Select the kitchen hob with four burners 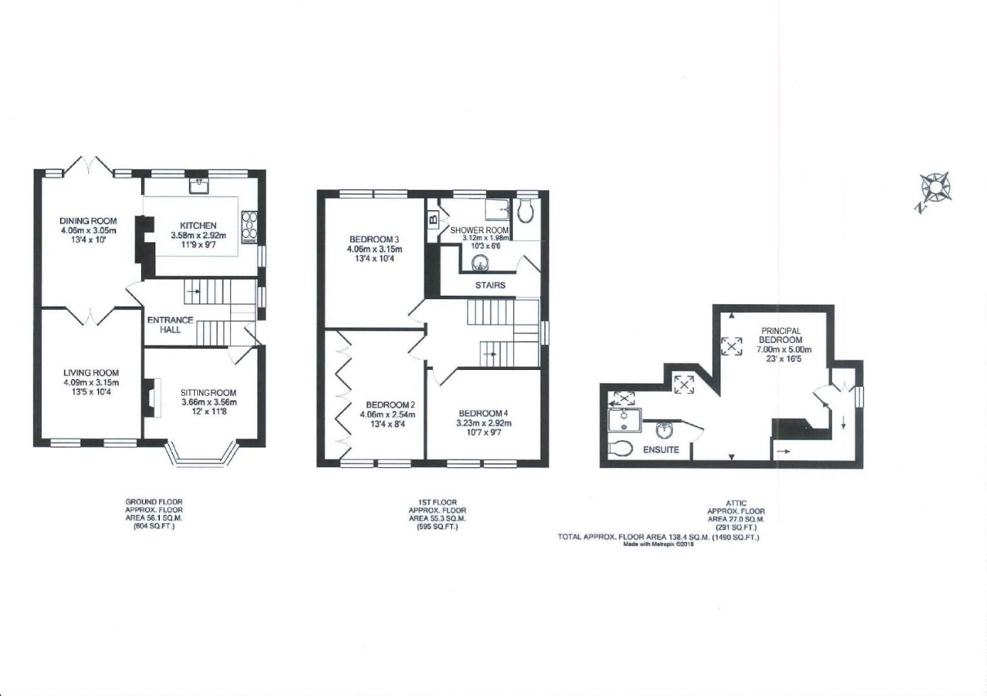[x=249, y=227]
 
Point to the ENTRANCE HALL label [x=170, y=324]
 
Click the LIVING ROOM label [x=91, y=372]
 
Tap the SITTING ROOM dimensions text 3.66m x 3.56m [x=208, y=403]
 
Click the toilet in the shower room [x=526, y=210]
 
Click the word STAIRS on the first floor [x=490, y=285]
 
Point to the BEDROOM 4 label [x=484, y=413]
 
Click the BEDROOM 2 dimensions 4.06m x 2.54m [x=387, y=414]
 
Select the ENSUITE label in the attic [x=661, y=449]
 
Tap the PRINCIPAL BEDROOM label [x=780, y=335]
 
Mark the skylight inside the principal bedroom [x=730, y=347]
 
